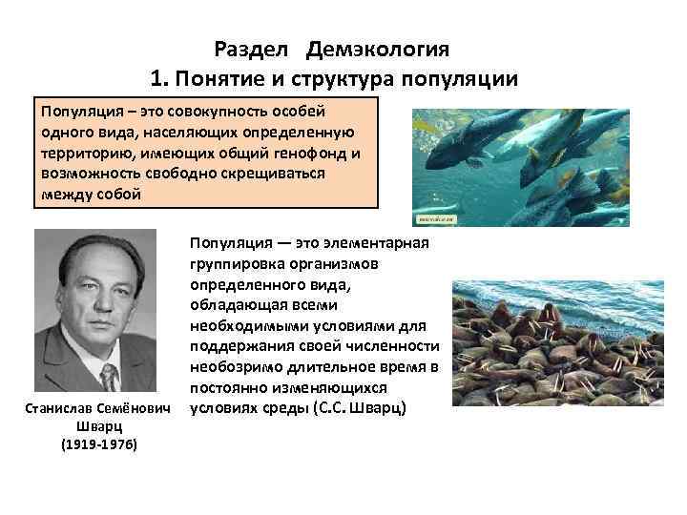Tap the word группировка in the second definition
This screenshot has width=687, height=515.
pos(233,264)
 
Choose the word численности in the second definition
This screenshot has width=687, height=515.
pos(395,346)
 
